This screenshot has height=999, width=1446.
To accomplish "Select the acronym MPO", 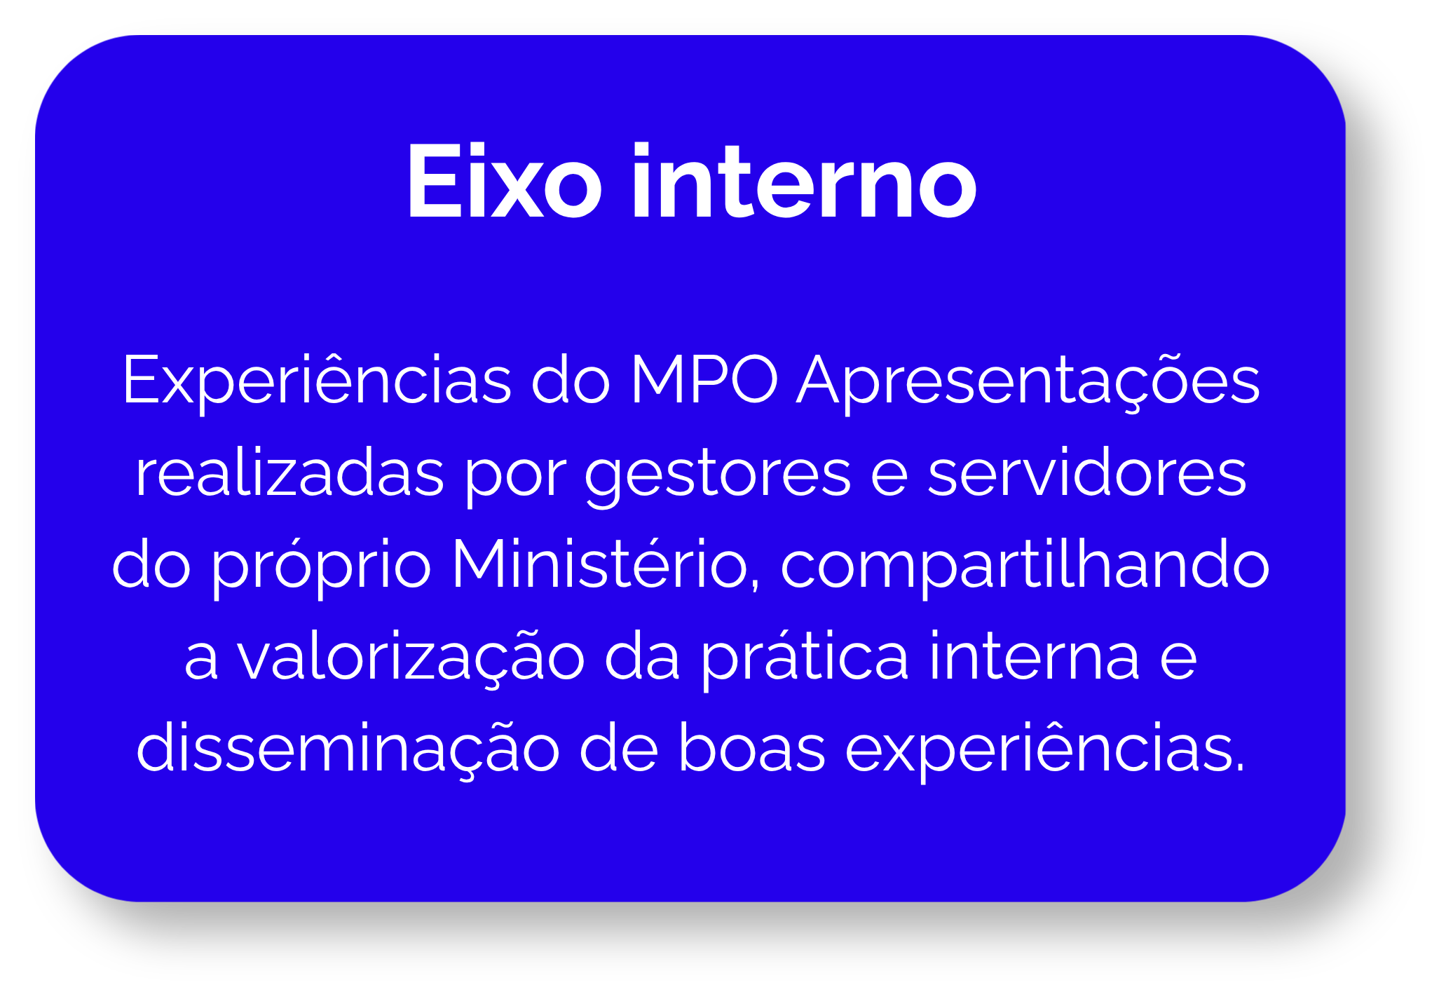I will tap(704, 381).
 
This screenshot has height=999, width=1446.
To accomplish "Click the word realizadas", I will tap(289, 473).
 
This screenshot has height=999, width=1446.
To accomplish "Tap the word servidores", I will tap(1087, 473).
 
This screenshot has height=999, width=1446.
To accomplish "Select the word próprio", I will tap(321, 566).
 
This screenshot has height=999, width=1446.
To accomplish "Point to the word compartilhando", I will tap(1025, 566).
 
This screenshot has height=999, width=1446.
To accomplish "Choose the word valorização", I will tap(411, 658).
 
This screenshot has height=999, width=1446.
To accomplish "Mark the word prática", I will tap(805, 658).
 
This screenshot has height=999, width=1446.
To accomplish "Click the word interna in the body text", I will tap(1035, 658).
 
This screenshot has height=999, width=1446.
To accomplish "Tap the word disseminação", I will tap(348, 749).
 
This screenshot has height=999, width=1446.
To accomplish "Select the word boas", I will tap(752, 749).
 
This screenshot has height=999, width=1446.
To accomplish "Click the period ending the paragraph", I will tap(1240, 768).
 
